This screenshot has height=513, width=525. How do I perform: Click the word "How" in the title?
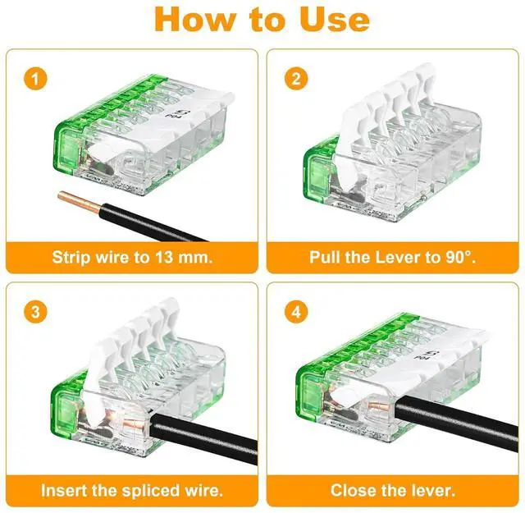click(x=195, y=20)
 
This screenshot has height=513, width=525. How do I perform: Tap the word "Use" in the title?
click(x=335, y=20)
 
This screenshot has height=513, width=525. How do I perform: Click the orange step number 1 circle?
click(x=35, y=79)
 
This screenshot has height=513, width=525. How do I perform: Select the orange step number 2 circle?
click(x=296, y=79)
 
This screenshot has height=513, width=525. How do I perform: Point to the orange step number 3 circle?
click(x=35, y=312)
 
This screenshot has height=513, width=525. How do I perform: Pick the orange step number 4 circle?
click(x=296, y=312)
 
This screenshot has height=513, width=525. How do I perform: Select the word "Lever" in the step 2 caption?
click(x=398, y=258)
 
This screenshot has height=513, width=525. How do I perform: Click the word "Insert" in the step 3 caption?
click(x=64, y=491)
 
